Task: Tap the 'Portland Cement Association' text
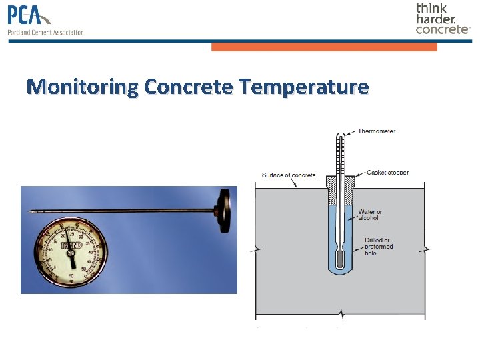(45, 32)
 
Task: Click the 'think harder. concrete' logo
(443, 19)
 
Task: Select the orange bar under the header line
(324, 47)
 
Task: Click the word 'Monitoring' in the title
(83, 87)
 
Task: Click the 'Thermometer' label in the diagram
(377, 131)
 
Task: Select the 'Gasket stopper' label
(387, 173)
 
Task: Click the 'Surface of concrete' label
(289, 175)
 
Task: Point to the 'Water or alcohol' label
(371, 215)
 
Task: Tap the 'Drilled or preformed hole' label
(378, 247)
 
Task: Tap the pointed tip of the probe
(31, 212)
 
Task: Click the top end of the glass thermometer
(340, 135)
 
